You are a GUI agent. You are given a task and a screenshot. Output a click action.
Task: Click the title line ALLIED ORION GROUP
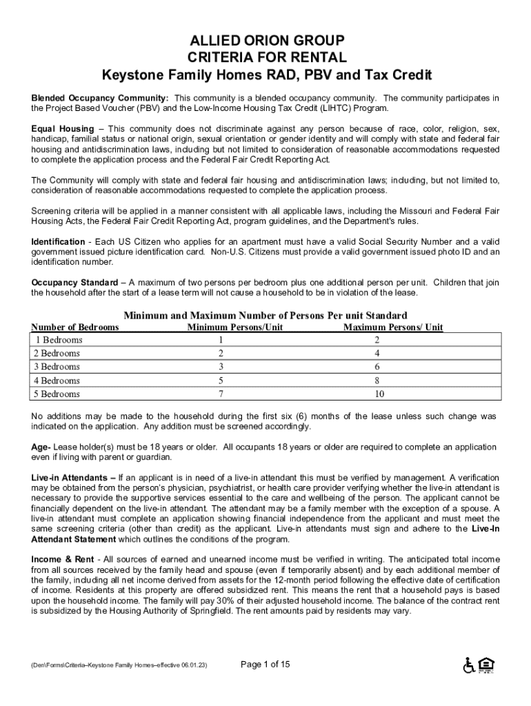[266, 39]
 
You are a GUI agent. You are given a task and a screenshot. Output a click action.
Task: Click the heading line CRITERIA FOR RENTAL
[266, 57]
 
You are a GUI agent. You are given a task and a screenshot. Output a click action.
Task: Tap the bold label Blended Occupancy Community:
[100, 98]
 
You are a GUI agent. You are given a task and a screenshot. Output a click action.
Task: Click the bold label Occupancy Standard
[74, 283]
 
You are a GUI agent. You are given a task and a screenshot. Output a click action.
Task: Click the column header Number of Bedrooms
[75, 327]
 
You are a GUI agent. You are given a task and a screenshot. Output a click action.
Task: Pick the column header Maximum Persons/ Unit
[393, 327]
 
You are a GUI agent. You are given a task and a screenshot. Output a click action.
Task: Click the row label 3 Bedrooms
[57, 367]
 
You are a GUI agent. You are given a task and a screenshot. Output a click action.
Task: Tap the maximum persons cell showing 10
[379, 394]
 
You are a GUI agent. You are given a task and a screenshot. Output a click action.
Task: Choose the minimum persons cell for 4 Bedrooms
[221, 381]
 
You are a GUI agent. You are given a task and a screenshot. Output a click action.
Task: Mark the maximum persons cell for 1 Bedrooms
[377, 340]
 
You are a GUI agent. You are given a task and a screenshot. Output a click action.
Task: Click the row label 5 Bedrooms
[57, 394]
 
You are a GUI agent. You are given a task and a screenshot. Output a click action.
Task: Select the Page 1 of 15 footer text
[265, 664]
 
